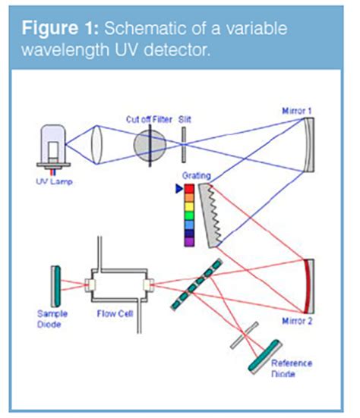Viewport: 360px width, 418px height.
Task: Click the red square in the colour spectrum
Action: pyautogui.click(x=189, y=188)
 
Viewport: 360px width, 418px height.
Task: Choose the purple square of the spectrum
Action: pyautogui.click(x=189, y=241)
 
